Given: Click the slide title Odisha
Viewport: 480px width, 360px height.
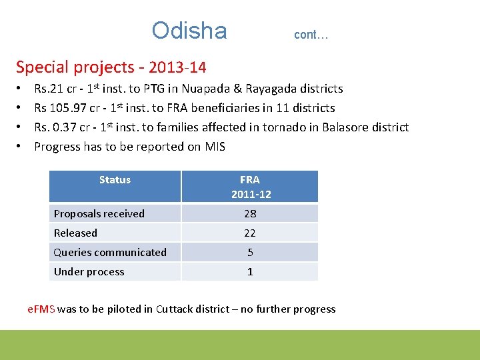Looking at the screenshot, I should pos(189,31).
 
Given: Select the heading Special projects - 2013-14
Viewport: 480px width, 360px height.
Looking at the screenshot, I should pos(111,67).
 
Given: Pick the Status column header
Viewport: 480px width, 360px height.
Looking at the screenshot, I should pos(115,180).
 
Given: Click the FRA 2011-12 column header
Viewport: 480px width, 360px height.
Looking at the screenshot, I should pos(251,187).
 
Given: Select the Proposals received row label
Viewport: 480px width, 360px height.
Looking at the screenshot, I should pos(99,214).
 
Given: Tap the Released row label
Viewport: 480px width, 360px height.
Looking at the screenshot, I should pos(75,233).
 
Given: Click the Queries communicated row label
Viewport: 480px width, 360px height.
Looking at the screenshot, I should pos(110,253).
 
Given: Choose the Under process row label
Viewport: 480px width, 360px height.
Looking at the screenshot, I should pos(89,272).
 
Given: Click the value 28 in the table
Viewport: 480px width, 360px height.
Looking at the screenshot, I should pos(250,214).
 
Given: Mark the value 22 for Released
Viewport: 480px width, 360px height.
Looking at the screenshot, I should pos(250,233).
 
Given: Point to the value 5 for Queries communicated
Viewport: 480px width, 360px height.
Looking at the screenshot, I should pos(250,253).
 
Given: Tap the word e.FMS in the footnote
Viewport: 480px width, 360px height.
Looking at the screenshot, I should pos(41,309).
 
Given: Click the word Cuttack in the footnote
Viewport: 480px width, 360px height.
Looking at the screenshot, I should pos(173,309).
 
